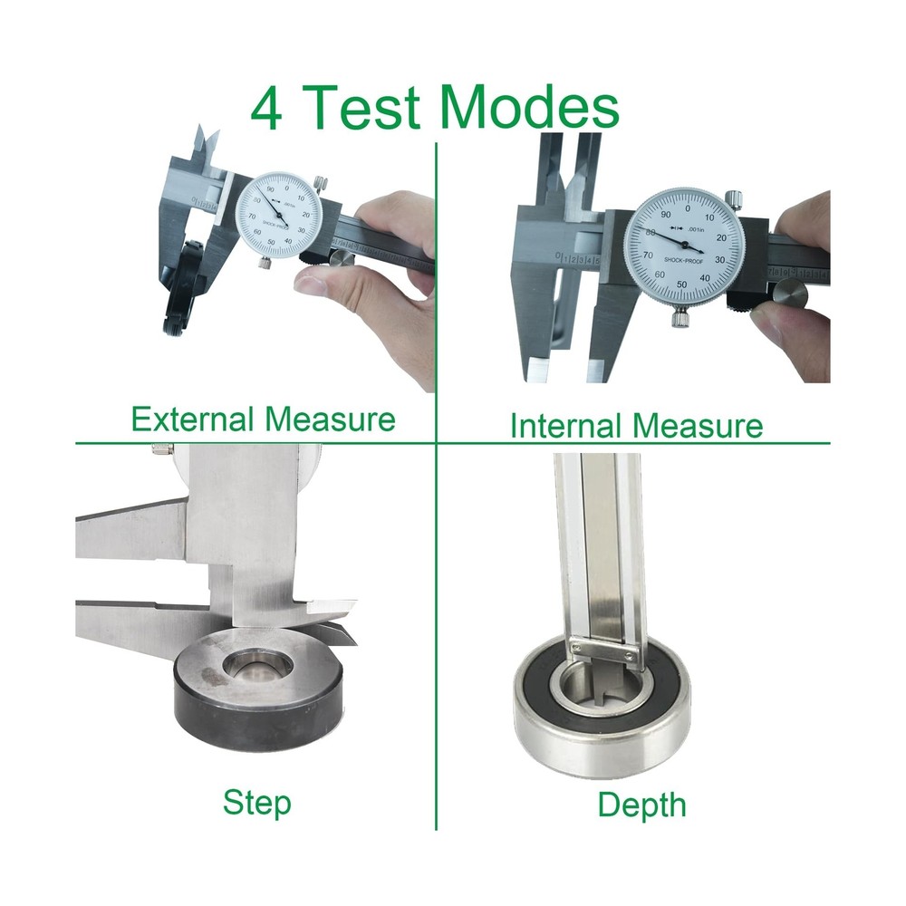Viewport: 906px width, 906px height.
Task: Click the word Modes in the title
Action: pos(531,109)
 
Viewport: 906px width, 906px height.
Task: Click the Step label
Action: pos(257,803)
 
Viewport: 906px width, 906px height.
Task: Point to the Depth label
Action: pos(641,805)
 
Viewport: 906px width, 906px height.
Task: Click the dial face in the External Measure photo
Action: pos(280,217)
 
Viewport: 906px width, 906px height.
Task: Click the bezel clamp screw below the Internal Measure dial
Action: pos(679,316)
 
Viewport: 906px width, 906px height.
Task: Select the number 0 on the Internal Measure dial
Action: pos(687,207)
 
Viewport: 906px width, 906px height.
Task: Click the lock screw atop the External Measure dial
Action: pos(318,185)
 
